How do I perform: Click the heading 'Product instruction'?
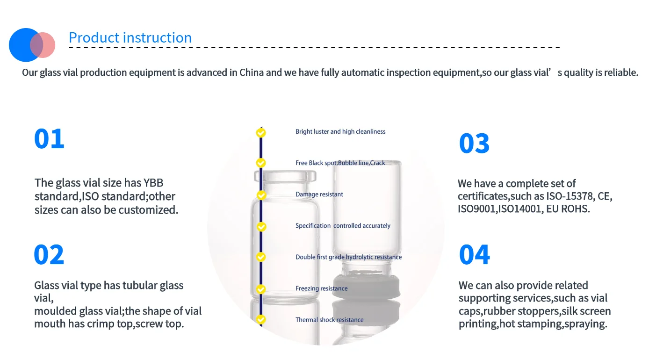(x=130, y=38)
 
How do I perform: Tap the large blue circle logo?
(x=25, y=45)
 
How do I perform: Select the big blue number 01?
(x=49, y=139)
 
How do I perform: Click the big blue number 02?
(x=49, y=255)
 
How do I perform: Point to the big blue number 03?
(x=474, y=144)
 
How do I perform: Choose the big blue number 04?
(x=474, y=255)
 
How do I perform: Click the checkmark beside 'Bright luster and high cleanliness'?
(x=261, y=132)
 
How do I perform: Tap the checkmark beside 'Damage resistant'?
(x=261, y=195)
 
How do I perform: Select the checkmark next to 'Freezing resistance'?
(x=261, y=289)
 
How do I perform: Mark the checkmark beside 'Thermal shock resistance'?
(x=261, y=320)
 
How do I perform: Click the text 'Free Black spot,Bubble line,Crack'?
(x=340, y=163)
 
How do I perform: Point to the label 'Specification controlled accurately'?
(x=343, y=226)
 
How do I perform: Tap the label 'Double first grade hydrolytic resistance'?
(x=348, y=257)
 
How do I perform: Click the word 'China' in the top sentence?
(x=252, y=73)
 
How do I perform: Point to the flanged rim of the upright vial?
(x=285, y=176)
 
